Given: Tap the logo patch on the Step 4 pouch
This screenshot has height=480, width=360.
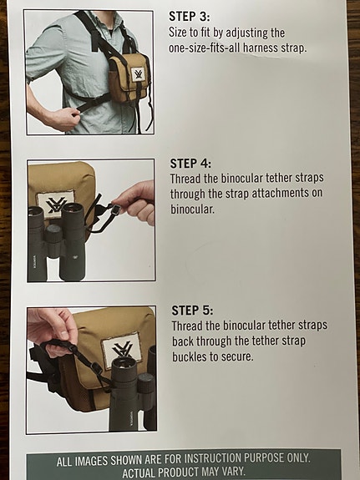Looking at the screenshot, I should pos(57,205).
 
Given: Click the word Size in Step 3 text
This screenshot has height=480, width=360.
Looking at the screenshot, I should pos(181,32).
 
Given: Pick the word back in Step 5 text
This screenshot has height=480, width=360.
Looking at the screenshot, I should pos(185,341).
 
